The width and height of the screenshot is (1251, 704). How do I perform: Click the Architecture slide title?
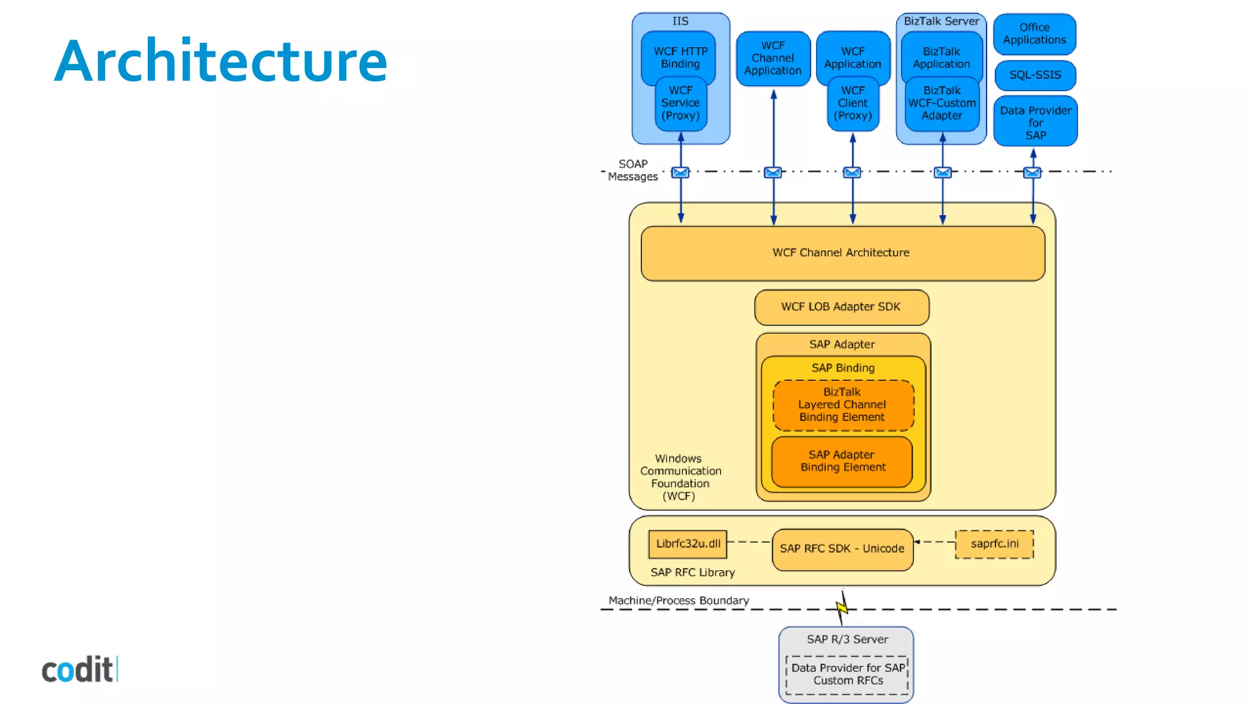(221, 61)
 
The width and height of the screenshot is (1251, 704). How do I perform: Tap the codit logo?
(79, 670)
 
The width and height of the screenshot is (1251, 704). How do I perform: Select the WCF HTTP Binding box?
(680, 56)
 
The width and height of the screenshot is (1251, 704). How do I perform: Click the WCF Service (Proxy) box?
(680, 103)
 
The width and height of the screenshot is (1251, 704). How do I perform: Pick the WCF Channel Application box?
(773, 59)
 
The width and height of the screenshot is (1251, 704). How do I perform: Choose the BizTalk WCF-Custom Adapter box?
(942, 103)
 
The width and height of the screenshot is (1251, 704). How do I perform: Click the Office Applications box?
(1034, 34)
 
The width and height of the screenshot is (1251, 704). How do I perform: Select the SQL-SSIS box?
(1035, 75)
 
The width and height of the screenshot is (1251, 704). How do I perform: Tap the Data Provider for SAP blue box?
(1035, 122)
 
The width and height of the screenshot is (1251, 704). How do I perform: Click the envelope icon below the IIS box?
(680, 172)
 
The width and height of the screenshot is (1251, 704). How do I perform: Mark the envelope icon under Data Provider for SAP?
(1032, 172)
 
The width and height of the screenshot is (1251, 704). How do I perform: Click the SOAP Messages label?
(633, 170)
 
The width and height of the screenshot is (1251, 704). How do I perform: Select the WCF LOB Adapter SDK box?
(841, 307)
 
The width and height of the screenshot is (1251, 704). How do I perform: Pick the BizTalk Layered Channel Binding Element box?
(843, 405)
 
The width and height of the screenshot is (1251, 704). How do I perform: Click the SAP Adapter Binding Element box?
(842, 461)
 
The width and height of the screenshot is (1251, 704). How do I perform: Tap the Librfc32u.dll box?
(688, 544)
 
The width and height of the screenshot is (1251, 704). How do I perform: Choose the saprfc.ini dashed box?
(994, 544)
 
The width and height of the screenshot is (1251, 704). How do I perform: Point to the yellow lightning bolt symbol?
(842, 607)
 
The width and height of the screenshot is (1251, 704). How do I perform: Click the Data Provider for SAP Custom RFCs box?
(847, 675)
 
